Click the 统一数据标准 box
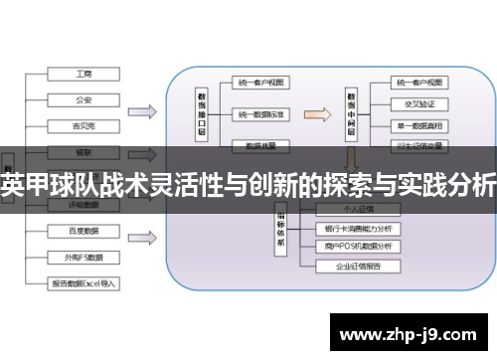point(261,114)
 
